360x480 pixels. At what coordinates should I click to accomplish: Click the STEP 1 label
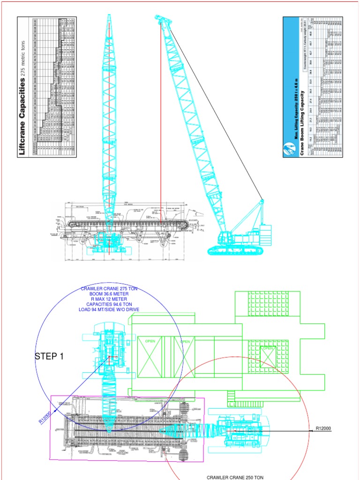(49, 357)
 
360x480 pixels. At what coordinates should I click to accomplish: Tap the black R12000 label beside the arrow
(323, 428)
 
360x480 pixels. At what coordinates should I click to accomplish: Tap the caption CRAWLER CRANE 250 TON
(235, 477)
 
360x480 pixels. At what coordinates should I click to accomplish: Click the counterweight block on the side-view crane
(265, 235)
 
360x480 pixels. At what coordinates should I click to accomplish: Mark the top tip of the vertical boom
(109, 16)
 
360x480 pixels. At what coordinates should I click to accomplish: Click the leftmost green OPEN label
(150, 341)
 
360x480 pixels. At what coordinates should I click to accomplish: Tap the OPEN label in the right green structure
(267, 348)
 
